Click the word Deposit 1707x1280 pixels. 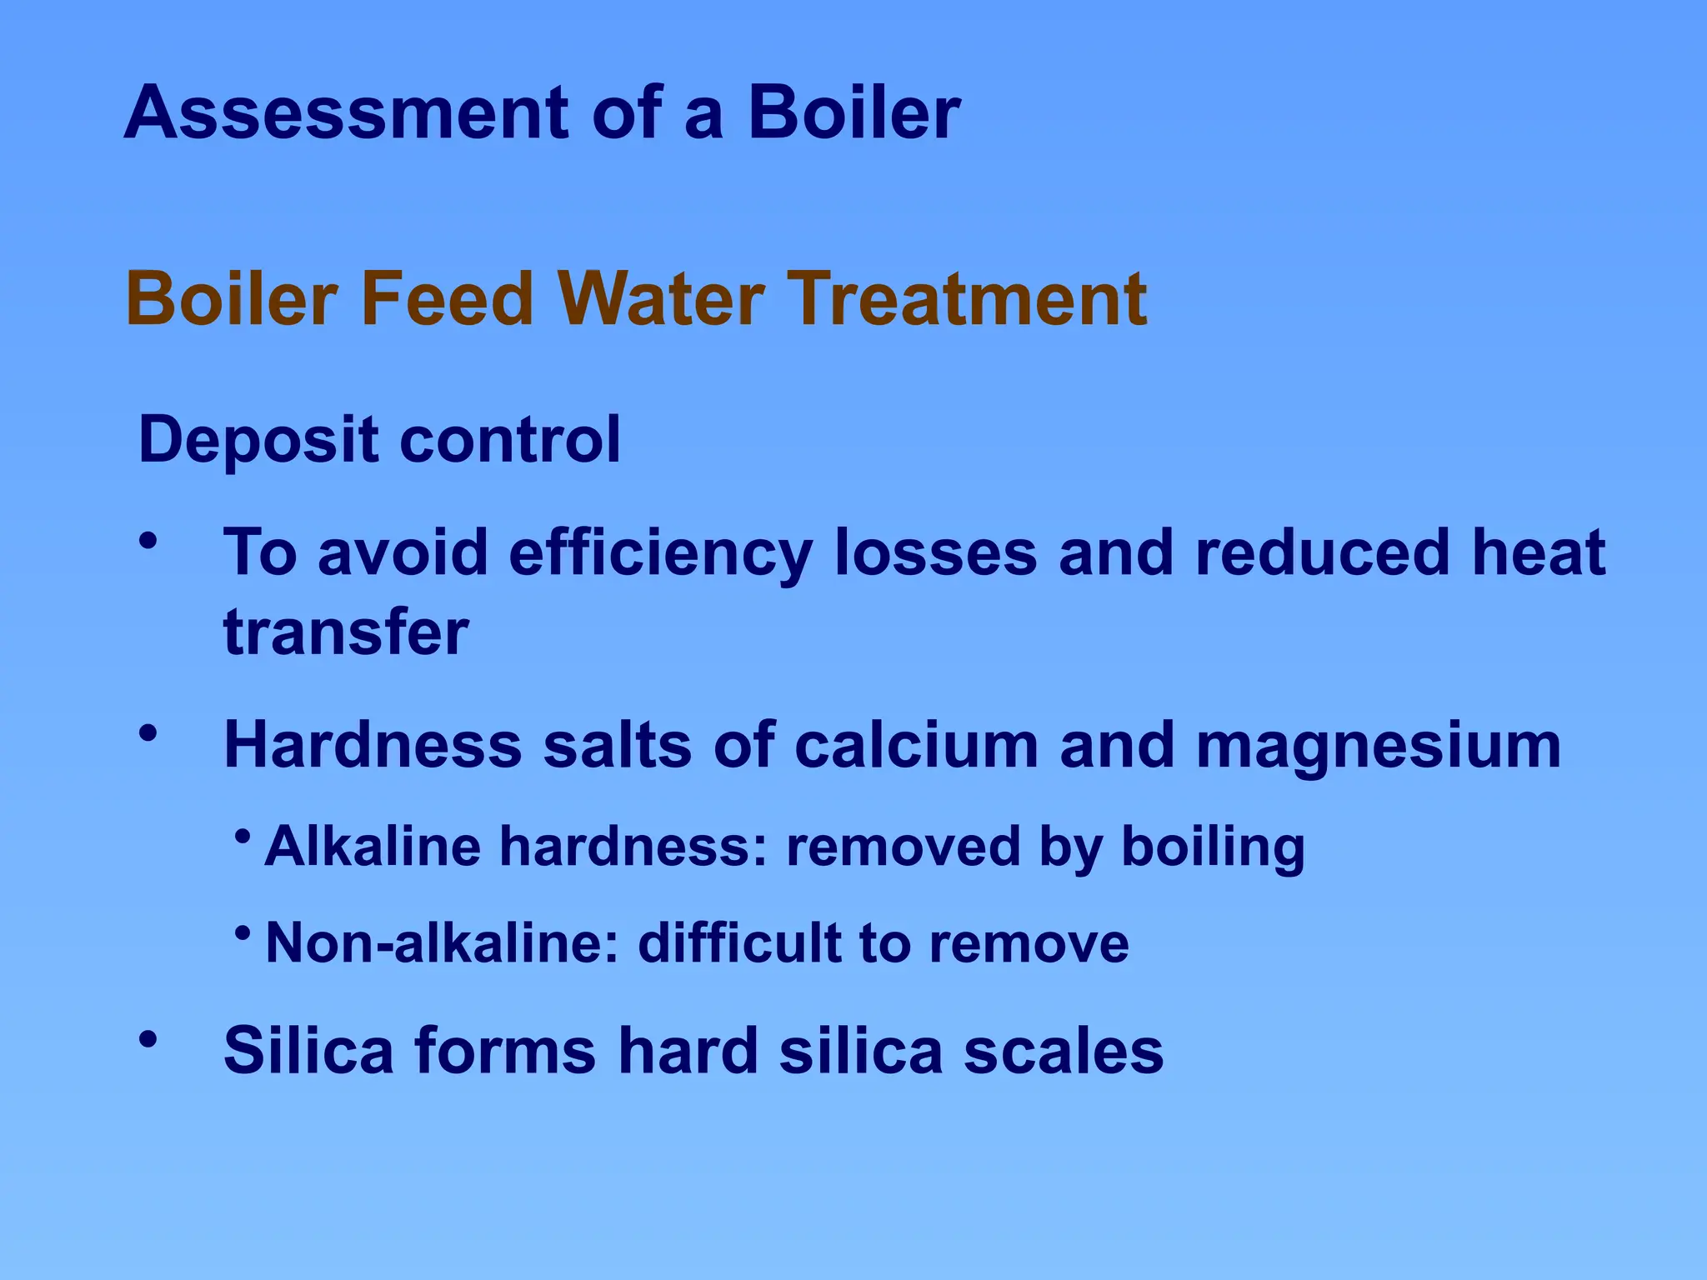coord(258,440)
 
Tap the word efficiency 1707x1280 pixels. coord(660,553)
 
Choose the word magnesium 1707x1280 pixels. coord(1379,747)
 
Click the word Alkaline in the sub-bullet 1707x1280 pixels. coord(373,846)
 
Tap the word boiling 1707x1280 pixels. coord(1213,847)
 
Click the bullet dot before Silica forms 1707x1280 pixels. coord(148,1039)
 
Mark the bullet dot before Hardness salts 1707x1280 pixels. coord(148,734)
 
